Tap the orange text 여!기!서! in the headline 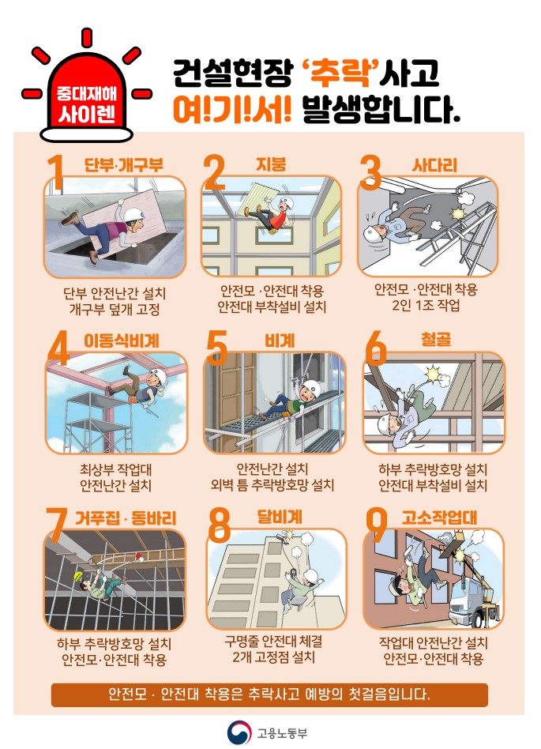pos(232,110)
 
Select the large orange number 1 pos(56,172)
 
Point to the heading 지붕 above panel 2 pos(271,164)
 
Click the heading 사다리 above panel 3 pos(434,165)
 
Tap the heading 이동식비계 pos(122,341)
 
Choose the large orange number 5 pos(216,348)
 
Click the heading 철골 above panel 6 pos(435,340)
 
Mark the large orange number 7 pos(57,525)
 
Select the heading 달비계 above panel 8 pos(280,517)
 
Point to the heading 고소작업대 pos(439,518)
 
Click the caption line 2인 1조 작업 pos(426,305)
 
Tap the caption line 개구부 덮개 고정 pos(115,309)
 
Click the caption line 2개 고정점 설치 pos(273,657)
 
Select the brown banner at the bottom pos(269,694)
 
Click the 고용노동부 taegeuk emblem pos(239,732)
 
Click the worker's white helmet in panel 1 pos(131,213)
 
